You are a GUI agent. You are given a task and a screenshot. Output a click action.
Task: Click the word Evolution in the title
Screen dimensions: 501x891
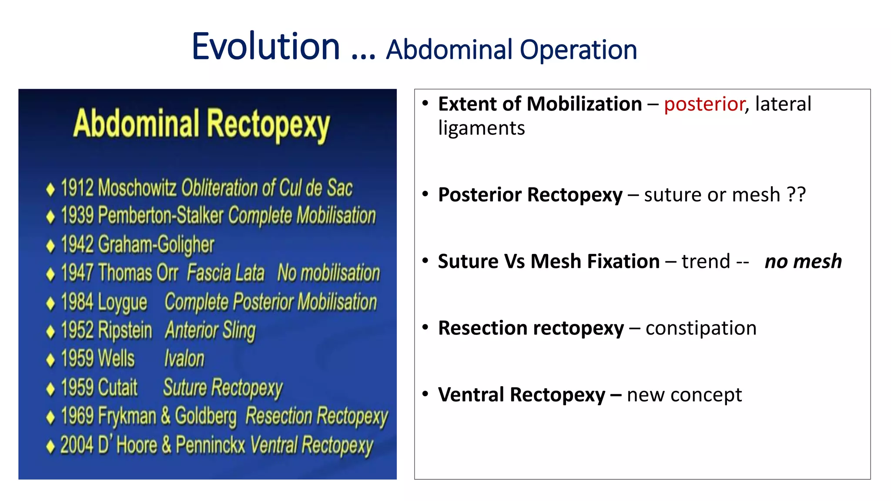click(266, 47)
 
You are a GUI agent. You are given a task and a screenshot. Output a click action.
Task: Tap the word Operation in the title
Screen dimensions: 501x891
click(578, 50)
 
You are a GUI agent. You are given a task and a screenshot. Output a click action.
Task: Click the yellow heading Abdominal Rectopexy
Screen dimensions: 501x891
click(201, 125)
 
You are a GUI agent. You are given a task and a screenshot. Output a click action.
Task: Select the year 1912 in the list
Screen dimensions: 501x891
click(77, 188)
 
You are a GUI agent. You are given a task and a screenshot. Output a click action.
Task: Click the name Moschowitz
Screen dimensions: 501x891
click(137, 188)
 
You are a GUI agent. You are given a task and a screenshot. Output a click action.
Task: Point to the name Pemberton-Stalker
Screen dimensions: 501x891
click(161, 216)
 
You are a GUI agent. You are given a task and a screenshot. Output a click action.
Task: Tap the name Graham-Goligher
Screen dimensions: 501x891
click(156, 244)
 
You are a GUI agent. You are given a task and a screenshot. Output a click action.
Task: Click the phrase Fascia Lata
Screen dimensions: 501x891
click(225, 273)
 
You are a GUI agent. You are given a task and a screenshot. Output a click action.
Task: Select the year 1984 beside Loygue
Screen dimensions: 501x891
click(77, 302)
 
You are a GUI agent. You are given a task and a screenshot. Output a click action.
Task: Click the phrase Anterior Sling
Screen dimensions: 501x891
click(210, 330)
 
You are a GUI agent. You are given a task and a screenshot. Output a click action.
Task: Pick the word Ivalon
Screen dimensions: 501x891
click(184, 359)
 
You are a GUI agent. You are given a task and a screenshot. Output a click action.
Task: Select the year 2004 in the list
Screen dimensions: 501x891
click(77, 445)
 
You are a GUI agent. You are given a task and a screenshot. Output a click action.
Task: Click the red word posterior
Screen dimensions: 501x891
click(704, 104)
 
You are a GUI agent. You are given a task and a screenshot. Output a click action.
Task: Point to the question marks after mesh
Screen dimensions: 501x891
click(796, 195)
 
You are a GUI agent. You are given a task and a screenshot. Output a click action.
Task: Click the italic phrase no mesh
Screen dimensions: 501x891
click(803, 262)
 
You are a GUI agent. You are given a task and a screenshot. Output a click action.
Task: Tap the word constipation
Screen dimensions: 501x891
click(701, 328)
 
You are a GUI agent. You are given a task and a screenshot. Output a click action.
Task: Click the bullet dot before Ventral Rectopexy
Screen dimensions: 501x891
click(425, 394)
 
